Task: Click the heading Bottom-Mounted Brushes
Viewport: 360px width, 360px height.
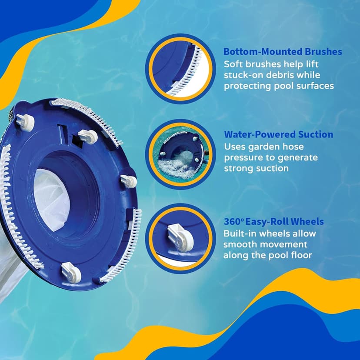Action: (283, 52)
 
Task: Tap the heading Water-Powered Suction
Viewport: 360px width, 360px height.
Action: (279, 134)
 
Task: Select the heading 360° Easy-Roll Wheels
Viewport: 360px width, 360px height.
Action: (273, 222)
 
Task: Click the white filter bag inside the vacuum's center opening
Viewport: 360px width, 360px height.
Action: (52, 200)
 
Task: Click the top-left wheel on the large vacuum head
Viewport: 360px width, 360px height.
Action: (25, 123)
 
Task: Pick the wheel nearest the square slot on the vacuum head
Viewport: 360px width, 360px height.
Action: (88, 137)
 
